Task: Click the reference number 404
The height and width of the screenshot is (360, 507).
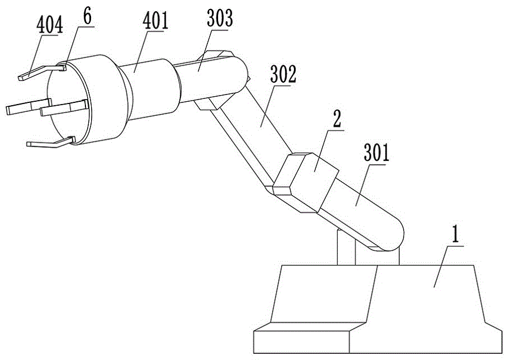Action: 49,25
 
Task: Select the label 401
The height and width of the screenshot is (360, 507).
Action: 156,21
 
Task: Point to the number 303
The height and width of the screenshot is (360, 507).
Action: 220,19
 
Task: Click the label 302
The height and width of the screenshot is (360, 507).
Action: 283,75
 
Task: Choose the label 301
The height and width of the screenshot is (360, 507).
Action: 377,153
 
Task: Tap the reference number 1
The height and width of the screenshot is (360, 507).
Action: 455,235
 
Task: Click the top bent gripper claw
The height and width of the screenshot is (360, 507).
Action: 42,71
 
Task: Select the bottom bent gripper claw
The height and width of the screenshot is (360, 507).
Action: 51,142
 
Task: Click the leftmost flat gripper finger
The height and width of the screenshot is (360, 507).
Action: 29,106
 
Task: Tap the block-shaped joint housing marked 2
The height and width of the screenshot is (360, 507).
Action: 306,183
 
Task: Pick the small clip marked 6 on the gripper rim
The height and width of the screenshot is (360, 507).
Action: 62,67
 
